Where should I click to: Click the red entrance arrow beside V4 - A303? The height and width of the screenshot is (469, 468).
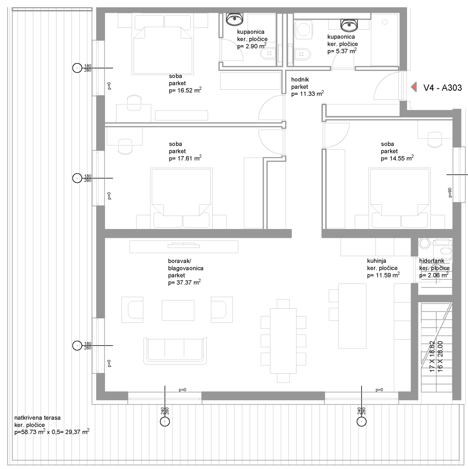[x=414, y=87]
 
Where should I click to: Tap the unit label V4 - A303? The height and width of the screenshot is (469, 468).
[x=442, y=87]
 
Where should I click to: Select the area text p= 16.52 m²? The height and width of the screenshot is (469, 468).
[x=185, y=90]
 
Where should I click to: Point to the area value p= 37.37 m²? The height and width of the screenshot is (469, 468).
[x=184, y=282]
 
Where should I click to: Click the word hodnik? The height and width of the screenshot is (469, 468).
[x=300, y=80]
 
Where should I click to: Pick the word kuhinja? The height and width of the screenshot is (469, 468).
[x=376, y=261]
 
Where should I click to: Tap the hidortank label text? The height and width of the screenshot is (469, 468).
[x=432, y=261]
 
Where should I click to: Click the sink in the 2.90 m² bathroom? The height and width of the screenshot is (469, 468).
[x=234, y=19]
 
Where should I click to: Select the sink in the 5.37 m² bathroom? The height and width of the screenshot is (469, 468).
[x=349, y=25]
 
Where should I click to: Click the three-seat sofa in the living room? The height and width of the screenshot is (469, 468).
[x=175, y=351]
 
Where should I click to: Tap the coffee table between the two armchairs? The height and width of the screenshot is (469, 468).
[x=178, y=310]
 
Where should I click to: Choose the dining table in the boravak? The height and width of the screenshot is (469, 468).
[x=283, y=341]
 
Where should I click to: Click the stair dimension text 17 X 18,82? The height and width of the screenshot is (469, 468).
[x=432, y=356]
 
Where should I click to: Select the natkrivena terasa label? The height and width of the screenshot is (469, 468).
[x=38, y=418]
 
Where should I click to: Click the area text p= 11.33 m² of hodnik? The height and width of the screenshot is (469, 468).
[x=308, y=93]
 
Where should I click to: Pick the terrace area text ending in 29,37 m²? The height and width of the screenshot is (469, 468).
[x=52, y=432]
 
